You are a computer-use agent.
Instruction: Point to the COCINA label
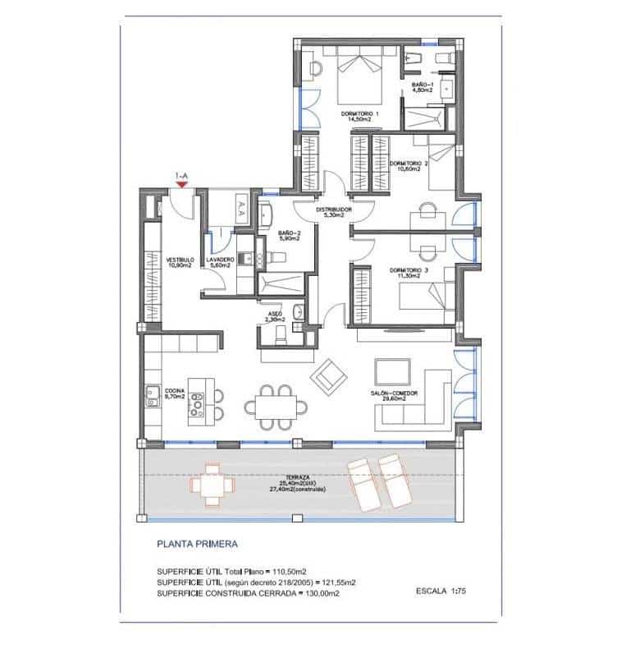(x=174, y=393)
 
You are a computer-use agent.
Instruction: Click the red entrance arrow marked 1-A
(x=182, y=183)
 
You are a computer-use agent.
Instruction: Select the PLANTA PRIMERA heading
(x=197, y=544)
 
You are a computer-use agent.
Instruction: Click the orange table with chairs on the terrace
(x=212, y=486)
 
